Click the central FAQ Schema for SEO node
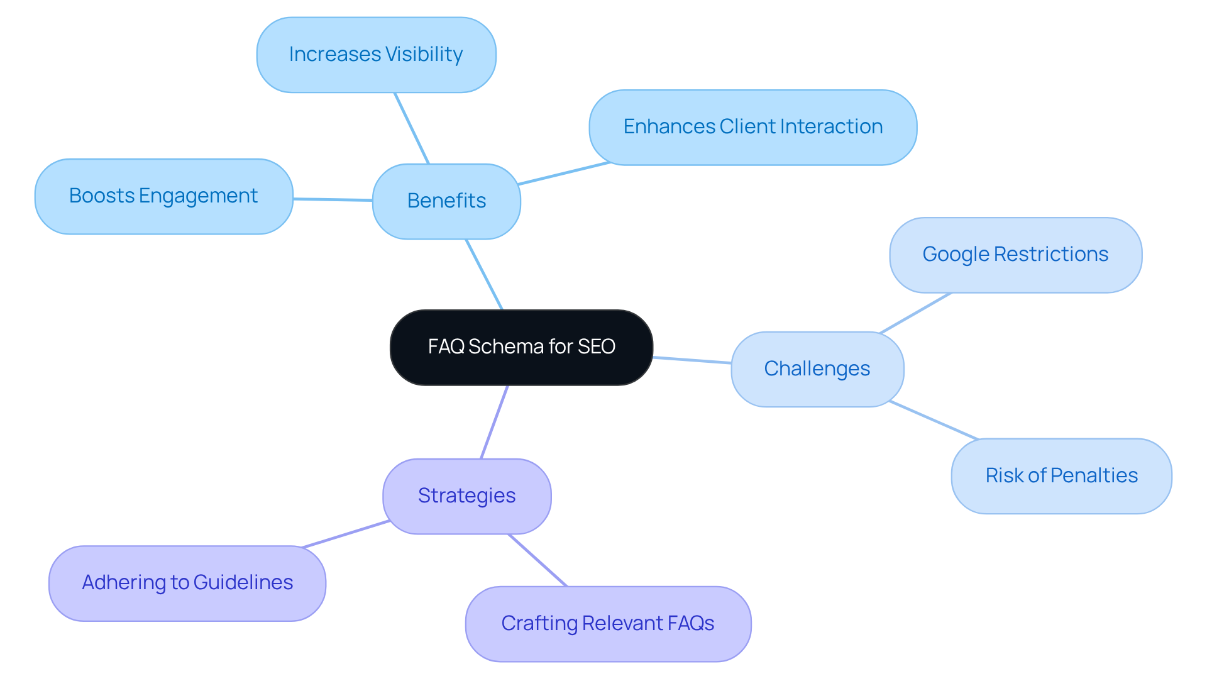tap(521, 347)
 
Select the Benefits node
tap(446, 201)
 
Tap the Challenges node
tap(817, 369)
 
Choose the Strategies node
tap(466, 496)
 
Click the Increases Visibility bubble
tap(376, 55)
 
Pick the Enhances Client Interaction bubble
tap(752, 127)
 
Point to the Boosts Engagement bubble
tap(163, 196)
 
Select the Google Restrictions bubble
tap(1015, 255)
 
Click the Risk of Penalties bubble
tap(1061, 476)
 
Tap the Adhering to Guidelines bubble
tap(187, 583)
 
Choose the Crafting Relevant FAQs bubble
tap(608, 624)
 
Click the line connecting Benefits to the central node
tap(484, 274)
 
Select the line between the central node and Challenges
tap(692, 360)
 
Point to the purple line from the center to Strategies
tap(494, 422)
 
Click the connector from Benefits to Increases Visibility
tap(412, 128)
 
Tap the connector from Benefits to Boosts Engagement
tap(333, 199)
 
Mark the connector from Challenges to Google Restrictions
tap(915, 313)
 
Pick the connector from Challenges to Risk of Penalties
tap(934, 420)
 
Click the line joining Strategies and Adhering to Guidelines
tap(346, 534)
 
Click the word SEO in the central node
tap(596, 347)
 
